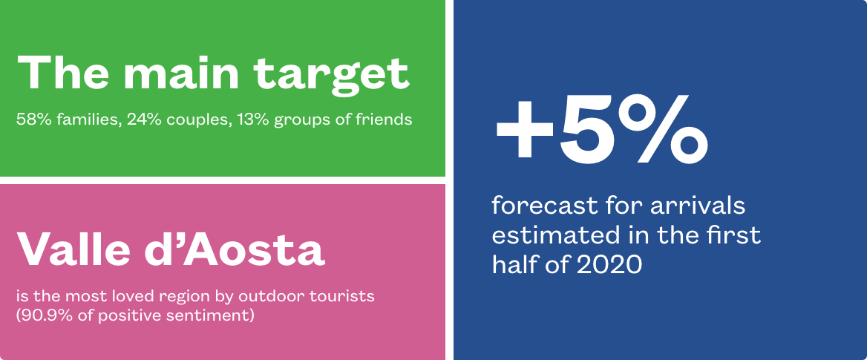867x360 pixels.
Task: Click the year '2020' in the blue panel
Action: [x=610, y=266]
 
